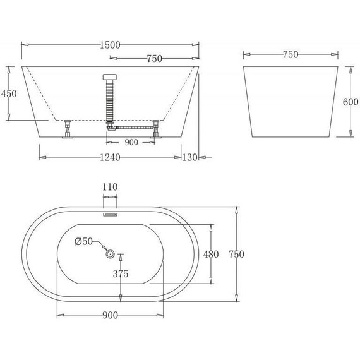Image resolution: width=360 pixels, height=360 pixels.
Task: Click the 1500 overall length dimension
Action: coord(110,45)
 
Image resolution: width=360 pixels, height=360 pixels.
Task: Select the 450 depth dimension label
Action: coord(9,93)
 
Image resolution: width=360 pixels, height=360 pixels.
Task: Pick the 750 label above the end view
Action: coord(290,55)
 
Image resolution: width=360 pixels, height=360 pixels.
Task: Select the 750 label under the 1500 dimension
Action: coord(154,59)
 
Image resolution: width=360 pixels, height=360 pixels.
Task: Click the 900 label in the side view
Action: coord(131,142)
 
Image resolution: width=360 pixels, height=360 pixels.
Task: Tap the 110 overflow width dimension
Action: coord(111,188)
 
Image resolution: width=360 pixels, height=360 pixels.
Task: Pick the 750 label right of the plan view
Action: coord(236,255)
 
